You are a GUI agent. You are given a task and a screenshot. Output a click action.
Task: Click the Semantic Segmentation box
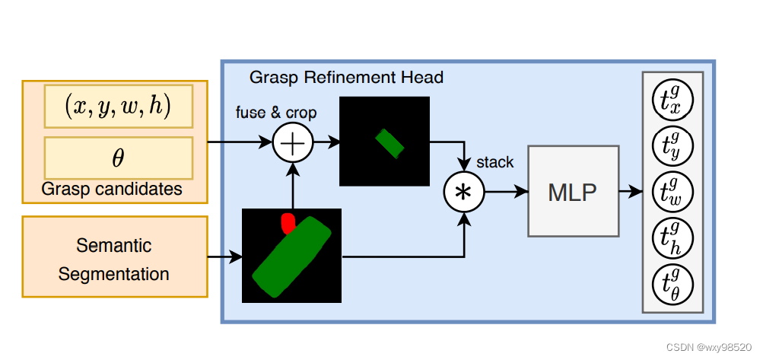(114, 260)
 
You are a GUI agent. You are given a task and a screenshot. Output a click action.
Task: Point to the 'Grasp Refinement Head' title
(346, 78)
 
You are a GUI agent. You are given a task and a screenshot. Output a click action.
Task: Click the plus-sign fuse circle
(292, 142)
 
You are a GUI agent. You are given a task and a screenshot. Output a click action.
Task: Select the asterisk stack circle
(463, 192)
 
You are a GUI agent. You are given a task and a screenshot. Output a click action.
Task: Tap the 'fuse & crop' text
(276, 113)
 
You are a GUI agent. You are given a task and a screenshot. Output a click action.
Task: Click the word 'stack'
(494, 163)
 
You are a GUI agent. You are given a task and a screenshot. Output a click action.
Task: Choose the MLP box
(572, 192)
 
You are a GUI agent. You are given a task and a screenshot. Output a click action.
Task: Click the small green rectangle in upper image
(391, 143)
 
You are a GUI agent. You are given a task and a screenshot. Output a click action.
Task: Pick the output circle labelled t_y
(672, 146)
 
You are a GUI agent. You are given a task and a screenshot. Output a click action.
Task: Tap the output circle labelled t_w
(672, 191)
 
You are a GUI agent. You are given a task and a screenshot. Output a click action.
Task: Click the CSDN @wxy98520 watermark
(710, 347)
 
